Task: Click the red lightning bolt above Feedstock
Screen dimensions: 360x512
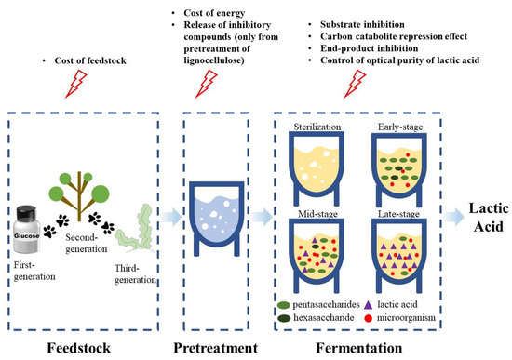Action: pos(80,87)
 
